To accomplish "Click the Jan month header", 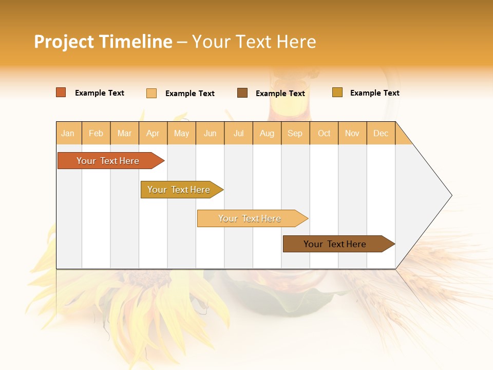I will (68, 133).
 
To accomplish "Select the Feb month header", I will (96, 133).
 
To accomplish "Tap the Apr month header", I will (153, 133).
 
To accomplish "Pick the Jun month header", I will (210, 133).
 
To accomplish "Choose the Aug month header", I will (267, 133).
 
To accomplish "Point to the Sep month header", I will (295, 133).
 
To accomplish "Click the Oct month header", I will (324, 133).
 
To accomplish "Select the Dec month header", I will (381, 133).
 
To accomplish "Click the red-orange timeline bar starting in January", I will (108, 161).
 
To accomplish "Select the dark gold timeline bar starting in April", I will (179, 190).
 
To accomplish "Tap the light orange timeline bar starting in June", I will (250, 218).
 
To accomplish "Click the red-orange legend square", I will (61, 92).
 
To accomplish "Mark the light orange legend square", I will (151, 93).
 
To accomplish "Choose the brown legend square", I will (242, 93).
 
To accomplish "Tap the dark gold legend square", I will (337, 92).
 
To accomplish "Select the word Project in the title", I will (64, 42).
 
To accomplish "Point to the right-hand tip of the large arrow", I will (451, 195).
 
